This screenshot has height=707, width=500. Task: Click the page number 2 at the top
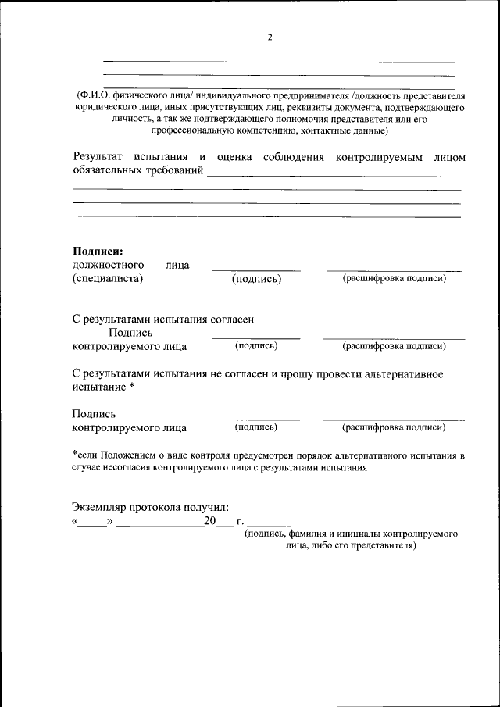[270, 37]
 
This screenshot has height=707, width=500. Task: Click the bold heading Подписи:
[98, 251]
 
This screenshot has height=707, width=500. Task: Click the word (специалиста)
[108, 279]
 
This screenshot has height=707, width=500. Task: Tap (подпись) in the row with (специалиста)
[256, 279]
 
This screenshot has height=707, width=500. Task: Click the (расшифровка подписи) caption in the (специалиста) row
[395, 278]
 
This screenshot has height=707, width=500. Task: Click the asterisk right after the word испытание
[132, 387]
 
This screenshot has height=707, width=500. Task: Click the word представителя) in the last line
[383, 546]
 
